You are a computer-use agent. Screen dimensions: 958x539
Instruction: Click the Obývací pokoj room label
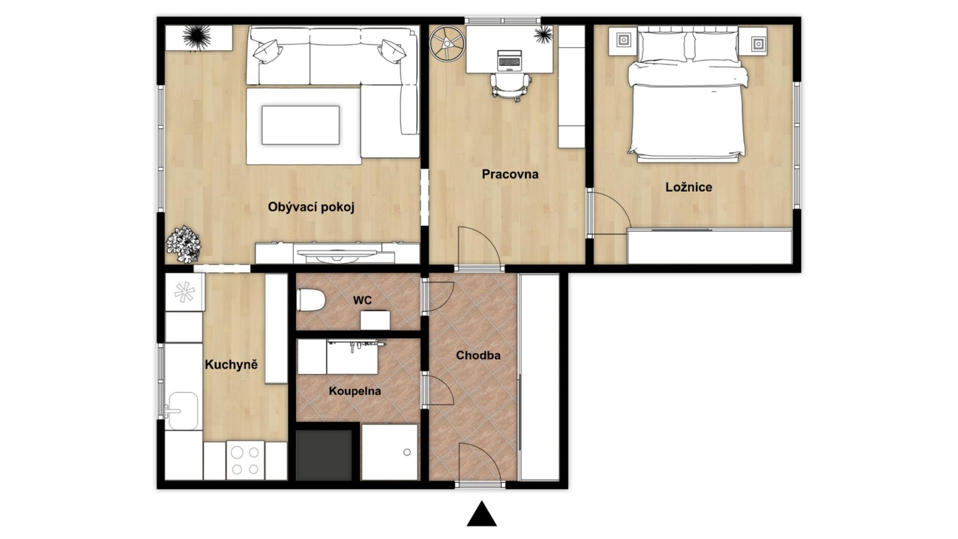(311, 207)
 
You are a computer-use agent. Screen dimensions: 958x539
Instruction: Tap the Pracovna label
(510, 174)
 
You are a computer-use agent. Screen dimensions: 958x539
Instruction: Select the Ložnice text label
(689, 187)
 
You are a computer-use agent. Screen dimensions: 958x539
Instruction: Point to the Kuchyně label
(231, 365)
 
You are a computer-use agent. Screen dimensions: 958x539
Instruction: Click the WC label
(362, 300)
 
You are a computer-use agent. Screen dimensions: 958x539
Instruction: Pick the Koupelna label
(354, 391)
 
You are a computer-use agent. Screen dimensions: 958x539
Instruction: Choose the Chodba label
(478, 355)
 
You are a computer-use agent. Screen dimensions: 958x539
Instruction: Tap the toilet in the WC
(311, 300)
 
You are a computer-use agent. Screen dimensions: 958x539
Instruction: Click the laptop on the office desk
(510, 60)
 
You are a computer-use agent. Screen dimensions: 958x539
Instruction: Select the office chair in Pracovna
(510, 87)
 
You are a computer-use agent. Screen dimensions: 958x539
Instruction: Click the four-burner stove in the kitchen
(245, 461)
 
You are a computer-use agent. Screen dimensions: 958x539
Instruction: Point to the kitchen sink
(183, 411)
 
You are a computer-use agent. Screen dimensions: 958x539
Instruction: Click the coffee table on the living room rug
(301, 125)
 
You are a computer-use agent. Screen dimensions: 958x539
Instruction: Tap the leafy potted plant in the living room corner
(184, 244)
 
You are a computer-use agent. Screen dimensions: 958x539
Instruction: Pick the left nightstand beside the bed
(623, 41)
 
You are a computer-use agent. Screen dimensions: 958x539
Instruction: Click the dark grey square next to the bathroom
(324, 455)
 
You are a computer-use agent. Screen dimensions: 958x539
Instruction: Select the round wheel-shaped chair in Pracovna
(447, 43)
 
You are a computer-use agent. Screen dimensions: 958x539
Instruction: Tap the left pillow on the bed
(662, 46)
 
